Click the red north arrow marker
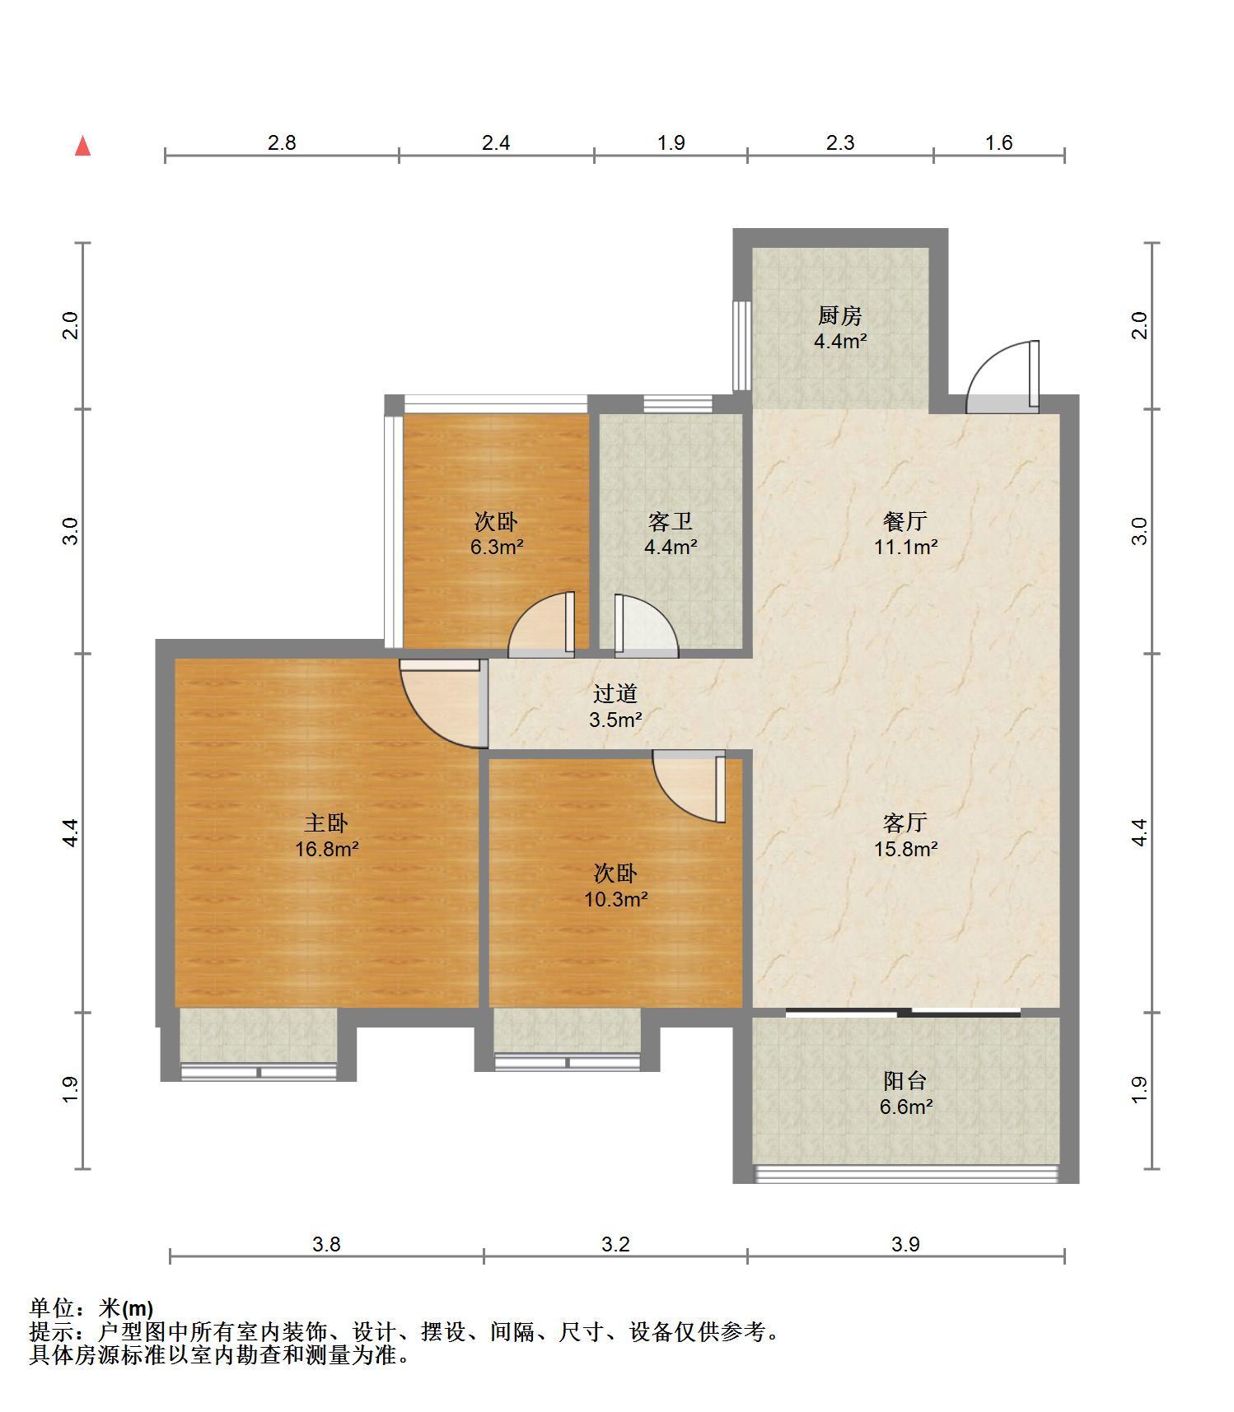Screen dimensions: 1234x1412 (82, 146)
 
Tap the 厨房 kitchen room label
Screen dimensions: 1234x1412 (839, 315)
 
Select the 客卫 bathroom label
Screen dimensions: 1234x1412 (671, 521)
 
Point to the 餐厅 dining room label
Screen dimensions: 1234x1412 (905, 521)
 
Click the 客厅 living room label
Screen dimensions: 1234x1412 (905, 823)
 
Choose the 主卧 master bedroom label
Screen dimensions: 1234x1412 (326, 823)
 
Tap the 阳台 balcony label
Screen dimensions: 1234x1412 (905, 1080)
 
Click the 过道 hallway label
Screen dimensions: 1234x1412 (615, 694)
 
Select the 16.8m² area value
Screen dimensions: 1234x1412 (327, 849)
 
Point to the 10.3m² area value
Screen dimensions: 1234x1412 (616, 899)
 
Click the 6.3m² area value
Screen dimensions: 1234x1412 (497, 547)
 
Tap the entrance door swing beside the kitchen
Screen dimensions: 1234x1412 (1002, 375)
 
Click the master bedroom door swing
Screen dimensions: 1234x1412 (441, 704)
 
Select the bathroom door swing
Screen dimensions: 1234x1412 (647, 626)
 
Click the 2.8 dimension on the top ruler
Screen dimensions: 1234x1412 (282, 142)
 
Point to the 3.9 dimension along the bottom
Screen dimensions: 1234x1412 (905, 1244)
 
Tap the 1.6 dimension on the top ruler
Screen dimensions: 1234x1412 (998, 142)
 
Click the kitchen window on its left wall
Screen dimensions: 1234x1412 (741, 345)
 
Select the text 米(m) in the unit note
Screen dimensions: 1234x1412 (126, 1308)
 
